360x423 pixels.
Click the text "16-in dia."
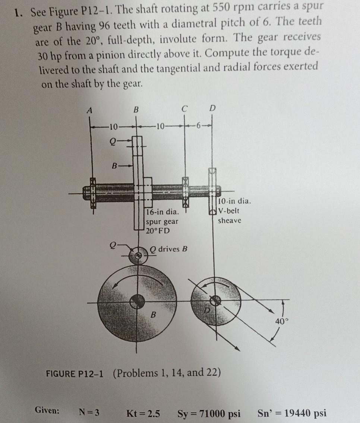point(162,212)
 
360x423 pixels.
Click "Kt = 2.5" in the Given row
point(143,413)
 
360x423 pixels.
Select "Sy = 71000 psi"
point(209,413)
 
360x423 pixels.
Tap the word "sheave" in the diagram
point(230,220)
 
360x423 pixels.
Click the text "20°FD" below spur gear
point(158,231)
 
